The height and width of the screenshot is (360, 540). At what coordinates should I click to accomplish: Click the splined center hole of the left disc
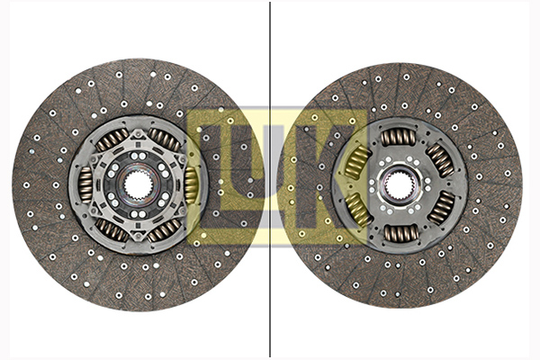coord(138,185)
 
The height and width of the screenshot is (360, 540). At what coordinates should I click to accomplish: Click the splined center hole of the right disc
coord(399,185)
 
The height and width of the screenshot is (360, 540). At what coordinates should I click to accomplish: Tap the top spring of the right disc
coord(399,137)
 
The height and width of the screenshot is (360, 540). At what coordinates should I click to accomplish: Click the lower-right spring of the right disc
coord(442,209)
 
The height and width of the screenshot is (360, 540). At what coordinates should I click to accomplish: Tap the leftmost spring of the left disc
coord(85,184)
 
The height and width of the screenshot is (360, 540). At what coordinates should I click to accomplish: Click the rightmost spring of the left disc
coord(191,185)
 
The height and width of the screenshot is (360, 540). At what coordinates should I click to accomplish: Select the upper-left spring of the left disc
coord(112,139)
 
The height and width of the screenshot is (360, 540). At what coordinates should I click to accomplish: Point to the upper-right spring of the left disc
coord(164,139)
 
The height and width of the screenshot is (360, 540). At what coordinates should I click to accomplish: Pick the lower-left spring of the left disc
coord(112,230)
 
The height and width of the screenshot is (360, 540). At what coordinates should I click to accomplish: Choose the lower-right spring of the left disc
coord(164,231)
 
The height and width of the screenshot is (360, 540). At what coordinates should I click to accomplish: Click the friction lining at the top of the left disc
coord(138,85)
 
